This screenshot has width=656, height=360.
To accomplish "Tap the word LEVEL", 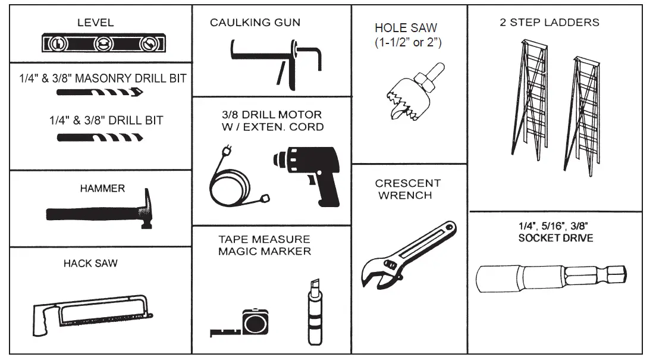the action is [x=95, y=23].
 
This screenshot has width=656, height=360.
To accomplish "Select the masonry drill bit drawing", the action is [x=99, y=92].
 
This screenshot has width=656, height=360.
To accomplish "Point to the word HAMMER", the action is [x=102, y=189].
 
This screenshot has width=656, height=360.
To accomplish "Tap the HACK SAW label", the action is [x=90, y=263].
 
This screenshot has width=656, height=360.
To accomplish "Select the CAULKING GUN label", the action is [x=255, y=23].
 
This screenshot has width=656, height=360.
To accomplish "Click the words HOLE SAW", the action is [x=406, y=28].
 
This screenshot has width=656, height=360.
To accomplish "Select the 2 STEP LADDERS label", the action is [x=549, y=23].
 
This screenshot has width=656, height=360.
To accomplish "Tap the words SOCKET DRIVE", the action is [x=556, y=238].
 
